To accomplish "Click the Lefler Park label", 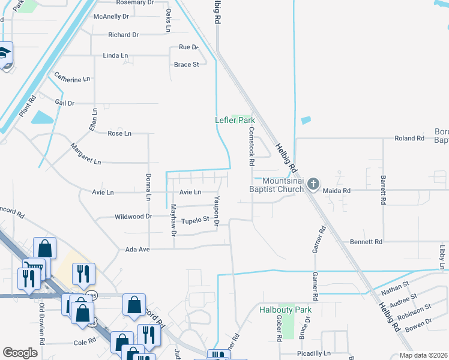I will point(235,120).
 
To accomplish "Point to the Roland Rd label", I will point(409,139).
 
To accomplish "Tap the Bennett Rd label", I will point(366,242).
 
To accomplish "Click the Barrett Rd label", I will point(382,190).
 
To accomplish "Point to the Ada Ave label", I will point(137,249).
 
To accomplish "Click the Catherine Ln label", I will point(72,78).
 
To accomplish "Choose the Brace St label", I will point(186,65).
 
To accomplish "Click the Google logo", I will point(20,352).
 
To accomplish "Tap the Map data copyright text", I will point(423,355).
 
